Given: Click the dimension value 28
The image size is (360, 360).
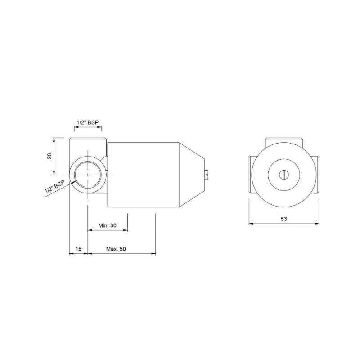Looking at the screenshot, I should click(x=50, y=156).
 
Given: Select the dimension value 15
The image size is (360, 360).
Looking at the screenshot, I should click(x=78, y=249).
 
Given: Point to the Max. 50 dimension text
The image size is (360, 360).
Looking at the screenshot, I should click(x=116, y=249).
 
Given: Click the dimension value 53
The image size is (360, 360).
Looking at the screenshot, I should click(x=284, y=219).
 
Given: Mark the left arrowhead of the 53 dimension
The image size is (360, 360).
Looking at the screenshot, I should click(x=251, y=223).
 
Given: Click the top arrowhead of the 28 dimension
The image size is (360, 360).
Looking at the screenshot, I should click(x=55, y=140).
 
